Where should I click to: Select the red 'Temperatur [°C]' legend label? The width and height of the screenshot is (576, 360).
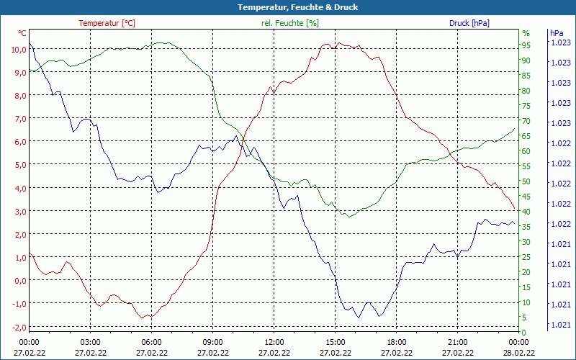coord(107,23)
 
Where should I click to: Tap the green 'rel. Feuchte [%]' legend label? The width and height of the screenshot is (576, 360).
coord(289,23)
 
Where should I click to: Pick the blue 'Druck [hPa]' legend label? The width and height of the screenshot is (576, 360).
coord(469,23)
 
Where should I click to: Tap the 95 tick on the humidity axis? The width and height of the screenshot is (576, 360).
coord(526,45)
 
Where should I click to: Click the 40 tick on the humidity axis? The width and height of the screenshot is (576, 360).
coord(526,212)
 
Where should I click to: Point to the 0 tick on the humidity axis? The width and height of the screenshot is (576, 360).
coord(524,333)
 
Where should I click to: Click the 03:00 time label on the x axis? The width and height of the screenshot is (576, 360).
coord(90,342)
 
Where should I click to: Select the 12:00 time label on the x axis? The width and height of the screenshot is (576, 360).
coord(274,342)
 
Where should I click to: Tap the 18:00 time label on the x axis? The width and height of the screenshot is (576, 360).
coord(397,342)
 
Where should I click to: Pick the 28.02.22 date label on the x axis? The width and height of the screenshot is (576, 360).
coord(519,353)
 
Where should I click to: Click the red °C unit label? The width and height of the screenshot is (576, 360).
coord(22,33)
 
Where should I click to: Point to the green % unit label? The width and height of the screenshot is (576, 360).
coord(526,33)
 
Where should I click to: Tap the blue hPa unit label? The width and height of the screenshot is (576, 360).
coord(557,33)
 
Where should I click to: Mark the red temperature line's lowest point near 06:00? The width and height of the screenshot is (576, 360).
coord(149,318)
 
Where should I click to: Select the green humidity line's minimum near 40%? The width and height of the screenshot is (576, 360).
coord(348,216)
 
